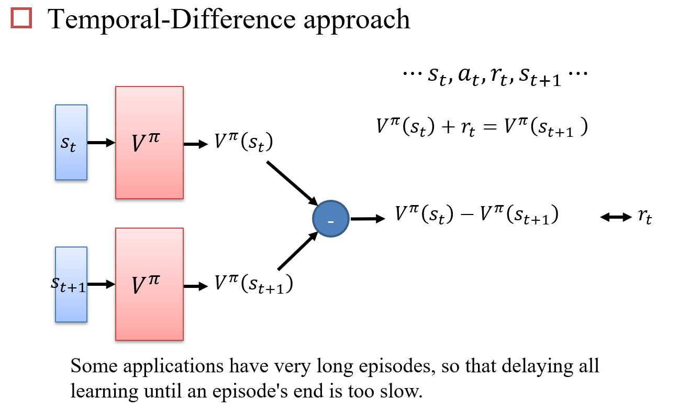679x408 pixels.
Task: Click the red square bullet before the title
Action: click(x=21, y=19)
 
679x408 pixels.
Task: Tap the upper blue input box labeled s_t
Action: click(x=71, y=142)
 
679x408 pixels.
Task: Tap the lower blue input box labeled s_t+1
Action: click(x=71, y=284)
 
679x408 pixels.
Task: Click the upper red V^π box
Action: click(x=149, y=142)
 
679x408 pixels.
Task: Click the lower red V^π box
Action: click(x=149, y=284)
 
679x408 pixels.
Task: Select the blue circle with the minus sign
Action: click(x=330, y=219)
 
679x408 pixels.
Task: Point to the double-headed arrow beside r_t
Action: click(x=616, y=217)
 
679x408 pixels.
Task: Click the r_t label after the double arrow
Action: click(x=644, y=217)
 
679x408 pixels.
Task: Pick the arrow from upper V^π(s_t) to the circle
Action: click(x=292, y=182)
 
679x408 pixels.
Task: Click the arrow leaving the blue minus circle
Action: click(x=366, y=219)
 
